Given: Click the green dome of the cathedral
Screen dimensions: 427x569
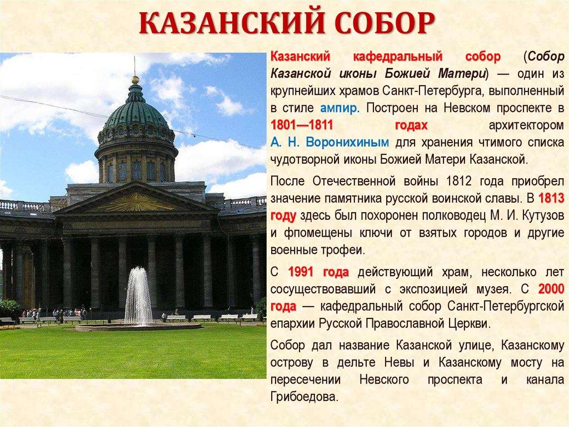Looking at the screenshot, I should click(135, 113).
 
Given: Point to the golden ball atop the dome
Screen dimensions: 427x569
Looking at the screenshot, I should click(135, 80).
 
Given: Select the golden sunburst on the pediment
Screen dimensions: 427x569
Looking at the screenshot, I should click(136, 202).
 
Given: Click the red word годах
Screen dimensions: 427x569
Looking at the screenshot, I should click(411, 125).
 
